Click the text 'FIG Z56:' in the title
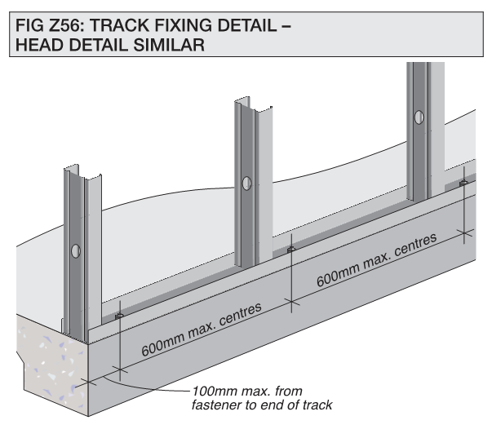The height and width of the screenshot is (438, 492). [50, 25]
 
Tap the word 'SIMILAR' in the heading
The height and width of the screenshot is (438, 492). [169, 45]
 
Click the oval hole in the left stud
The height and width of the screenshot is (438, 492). [76, 251]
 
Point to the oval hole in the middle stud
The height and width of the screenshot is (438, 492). [246, 184]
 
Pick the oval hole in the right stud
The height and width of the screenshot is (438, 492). [419, 117]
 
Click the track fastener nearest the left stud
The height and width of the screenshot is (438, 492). [119, 316]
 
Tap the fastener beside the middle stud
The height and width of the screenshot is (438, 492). [291, 250]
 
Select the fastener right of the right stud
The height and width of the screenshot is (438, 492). [463, 183]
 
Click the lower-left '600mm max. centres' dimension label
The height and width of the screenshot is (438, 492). [202, 330]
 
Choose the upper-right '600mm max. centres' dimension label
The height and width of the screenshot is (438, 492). [376, 260]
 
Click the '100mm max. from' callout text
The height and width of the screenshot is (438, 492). [247, 392]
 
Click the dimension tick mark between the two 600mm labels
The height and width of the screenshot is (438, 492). [292, 302]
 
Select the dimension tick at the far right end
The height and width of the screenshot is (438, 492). [464, 232]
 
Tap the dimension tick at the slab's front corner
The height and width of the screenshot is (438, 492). [89, 383]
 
